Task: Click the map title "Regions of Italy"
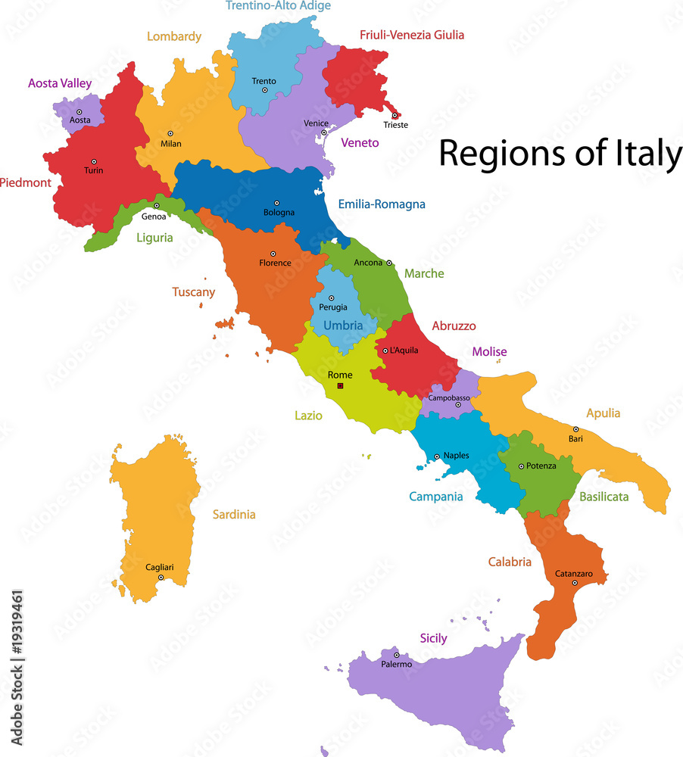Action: pos(560,154)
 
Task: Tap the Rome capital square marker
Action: pos(340,386)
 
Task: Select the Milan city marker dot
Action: pos(170,133)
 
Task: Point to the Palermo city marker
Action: pos(396,655)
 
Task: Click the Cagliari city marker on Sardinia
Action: pos(161,577)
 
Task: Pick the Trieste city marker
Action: pos(395,115)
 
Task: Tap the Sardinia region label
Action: pos(234,515)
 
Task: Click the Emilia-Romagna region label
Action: pos(382,204)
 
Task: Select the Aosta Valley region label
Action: pos(59,83)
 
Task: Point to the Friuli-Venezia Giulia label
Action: pos(412,35)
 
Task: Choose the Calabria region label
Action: pos(510,562)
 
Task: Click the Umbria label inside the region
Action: pos(343,326)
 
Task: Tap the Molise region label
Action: pos(490,352)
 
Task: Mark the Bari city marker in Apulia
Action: pos(575,429)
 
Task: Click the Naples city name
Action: pos(456,456)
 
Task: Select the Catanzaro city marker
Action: pos(575,583)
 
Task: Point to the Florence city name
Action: pos(275,263)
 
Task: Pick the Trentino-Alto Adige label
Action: pos(279,6)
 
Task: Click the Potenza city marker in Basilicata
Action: pos(521,466)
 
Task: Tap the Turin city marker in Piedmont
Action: pos(95,161)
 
